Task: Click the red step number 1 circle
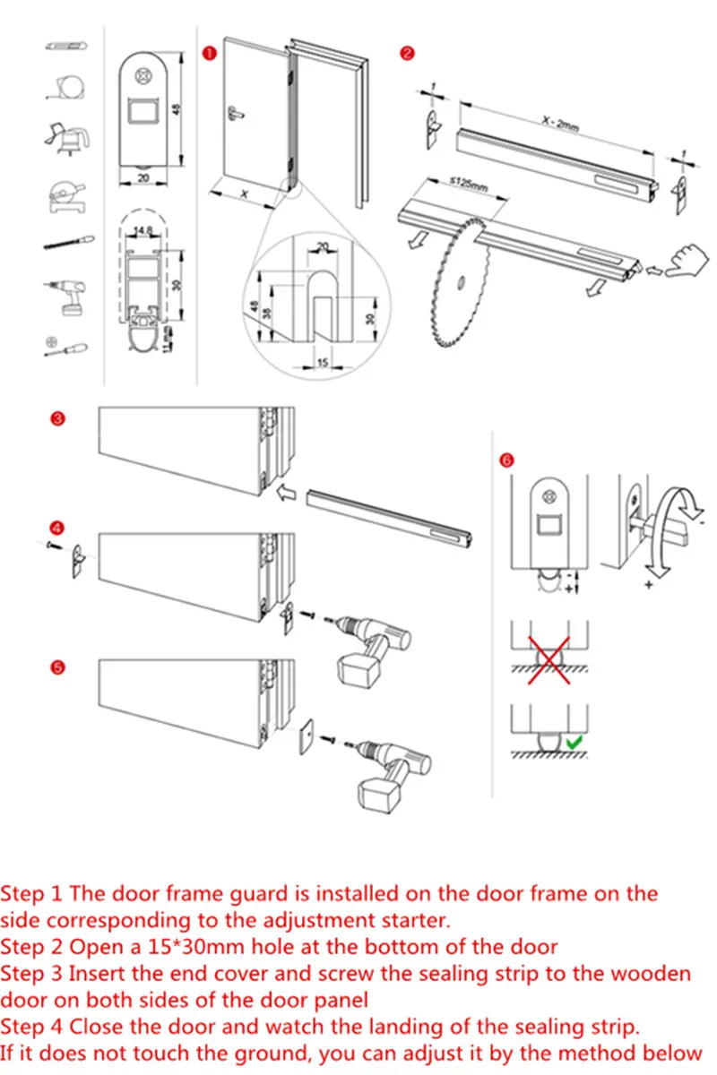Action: [x=209, y=54]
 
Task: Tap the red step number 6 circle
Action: [x=507, y=460]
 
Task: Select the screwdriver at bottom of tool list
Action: [x=68, y=346]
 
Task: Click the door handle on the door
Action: [x=236, y=112]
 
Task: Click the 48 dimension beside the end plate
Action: [x=177, y=108]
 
